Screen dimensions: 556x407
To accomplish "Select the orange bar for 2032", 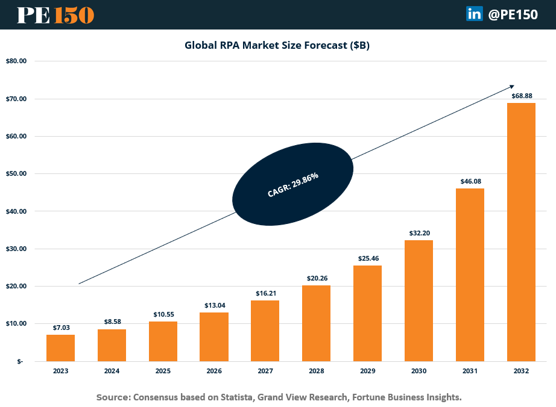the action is pyautogui.click(x=521, y=232).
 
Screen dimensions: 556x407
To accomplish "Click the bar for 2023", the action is pyautogui.click(x=60, y=348).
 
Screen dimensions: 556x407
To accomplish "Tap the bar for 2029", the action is pyautogui.click(x=367, y=313).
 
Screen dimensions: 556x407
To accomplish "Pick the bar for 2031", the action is pyautogui.click(x=470, y=275).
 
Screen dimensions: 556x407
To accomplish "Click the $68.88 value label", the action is pyautogui.click(x=521, y=96).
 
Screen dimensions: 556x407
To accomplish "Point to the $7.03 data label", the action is pyautogui.click(x=60, y=328).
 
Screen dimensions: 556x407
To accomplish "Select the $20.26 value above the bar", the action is pyautogui.click(x=316, y=278).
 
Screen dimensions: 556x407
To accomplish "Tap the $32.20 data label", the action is pyautogui.click(x=419, y=233).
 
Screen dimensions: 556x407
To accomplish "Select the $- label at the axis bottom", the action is pyautogui.click(x=20, y=361).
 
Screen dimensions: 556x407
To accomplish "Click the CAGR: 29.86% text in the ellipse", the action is pyautogui.click(x=292, y=185).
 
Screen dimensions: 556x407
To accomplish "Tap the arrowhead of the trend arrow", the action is pyautogui.click(x=511, y=86).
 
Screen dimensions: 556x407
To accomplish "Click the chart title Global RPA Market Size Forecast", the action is pyautogui.click(x=277, y=46).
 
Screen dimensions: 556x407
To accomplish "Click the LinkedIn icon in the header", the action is pyautogui.click(x=474, y=14).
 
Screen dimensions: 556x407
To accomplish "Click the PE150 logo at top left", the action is pyautogui.click(x=55, y=15).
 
